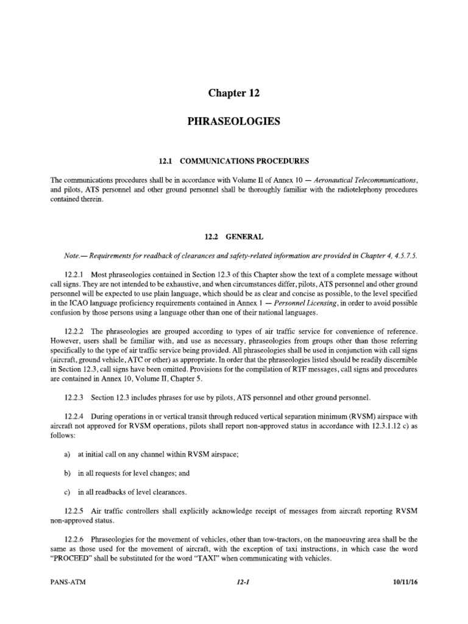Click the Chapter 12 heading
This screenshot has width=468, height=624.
234,93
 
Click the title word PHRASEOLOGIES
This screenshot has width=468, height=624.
234,121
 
